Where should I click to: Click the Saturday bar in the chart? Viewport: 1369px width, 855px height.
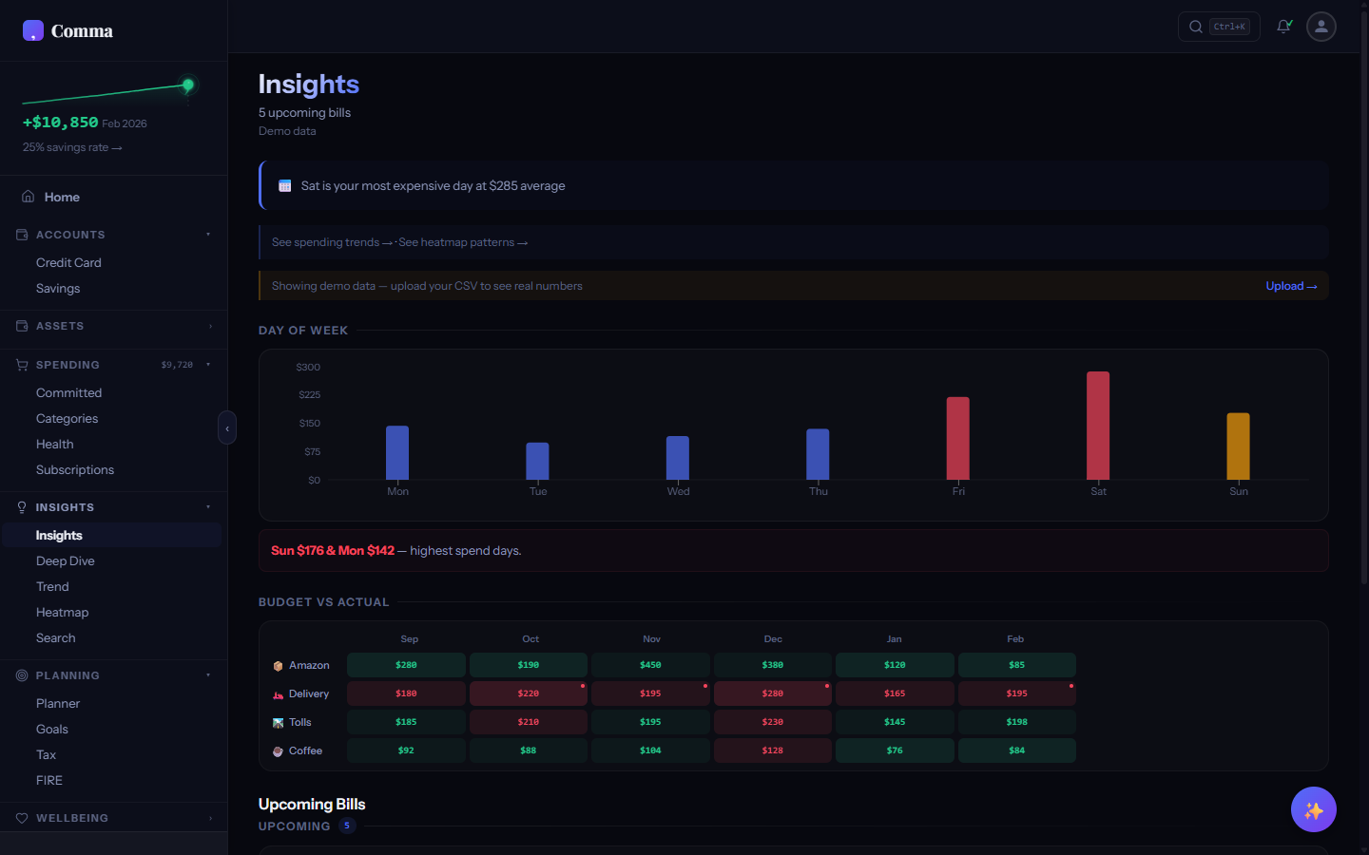click(x=1098, y=426)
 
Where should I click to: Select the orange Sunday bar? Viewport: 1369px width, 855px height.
click(x=1238, y=446)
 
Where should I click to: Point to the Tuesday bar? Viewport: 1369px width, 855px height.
click(x=537, y=461)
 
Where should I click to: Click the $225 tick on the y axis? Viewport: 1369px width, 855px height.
click(x=309, y=395)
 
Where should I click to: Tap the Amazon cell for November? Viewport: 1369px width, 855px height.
click(x=650, y=665)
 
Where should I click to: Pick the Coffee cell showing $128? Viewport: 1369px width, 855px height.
click(x=772, y=750)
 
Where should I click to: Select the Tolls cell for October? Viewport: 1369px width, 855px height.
click(x=529, y=722)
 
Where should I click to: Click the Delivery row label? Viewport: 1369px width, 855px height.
click(x=308, y=694)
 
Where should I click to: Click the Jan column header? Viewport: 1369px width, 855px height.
click(x=894, y=639)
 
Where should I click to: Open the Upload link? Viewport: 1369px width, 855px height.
click(x=1290, y=286)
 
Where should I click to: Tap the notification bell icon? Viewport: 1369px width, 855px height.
click(x=1283, y=27)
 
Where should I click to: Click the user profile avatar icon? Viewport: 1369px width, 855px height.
click(x=1321, y=27)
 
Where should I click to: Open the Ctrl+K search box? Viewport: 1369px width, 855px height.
click(x=1219, y=27)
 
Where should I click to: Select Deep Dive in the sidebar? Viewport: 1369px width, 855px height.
click(x=66, y=561)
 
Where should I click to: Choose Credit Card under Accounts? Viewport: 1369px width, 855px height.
click(x=68, y=263)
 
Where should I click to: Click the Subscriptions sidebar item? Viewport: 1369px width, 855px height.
click(x=75, y=470)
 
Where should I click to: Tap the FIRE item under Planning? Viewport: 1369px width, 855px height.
click(x=49, y=781)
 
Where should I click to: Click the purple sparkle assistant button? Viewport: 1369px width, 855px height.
click(x=1313, y=809)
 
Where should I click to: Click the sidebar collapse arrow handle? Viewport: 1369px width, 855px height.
click(x=227, y=428)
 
